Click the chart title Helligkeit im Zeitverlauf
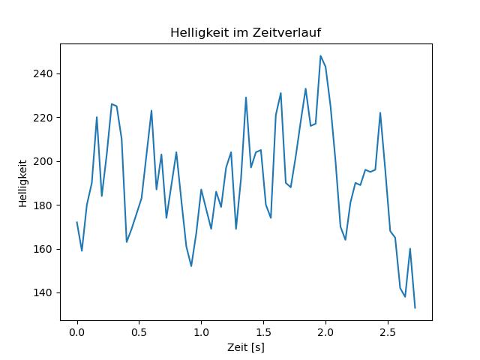coord(245,32)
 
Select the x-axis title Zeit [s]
coord(245,348)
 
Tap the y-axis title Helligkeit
coord(23,182)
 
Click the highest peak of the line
coord(320,55)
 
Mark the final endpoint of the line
coord(415,307)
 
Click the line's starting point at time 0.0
coord(76,222)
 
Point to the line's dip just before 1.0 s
coord(191,266)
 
